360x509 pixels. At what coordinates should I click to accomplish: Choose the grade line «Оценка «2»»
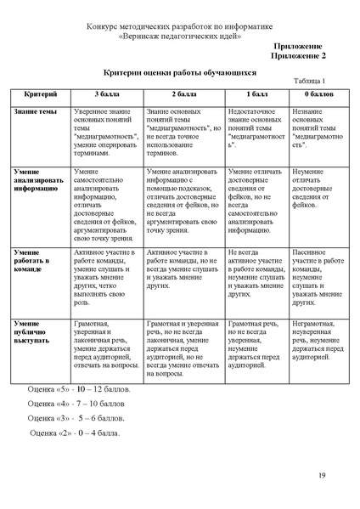(x=76, y=433)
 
